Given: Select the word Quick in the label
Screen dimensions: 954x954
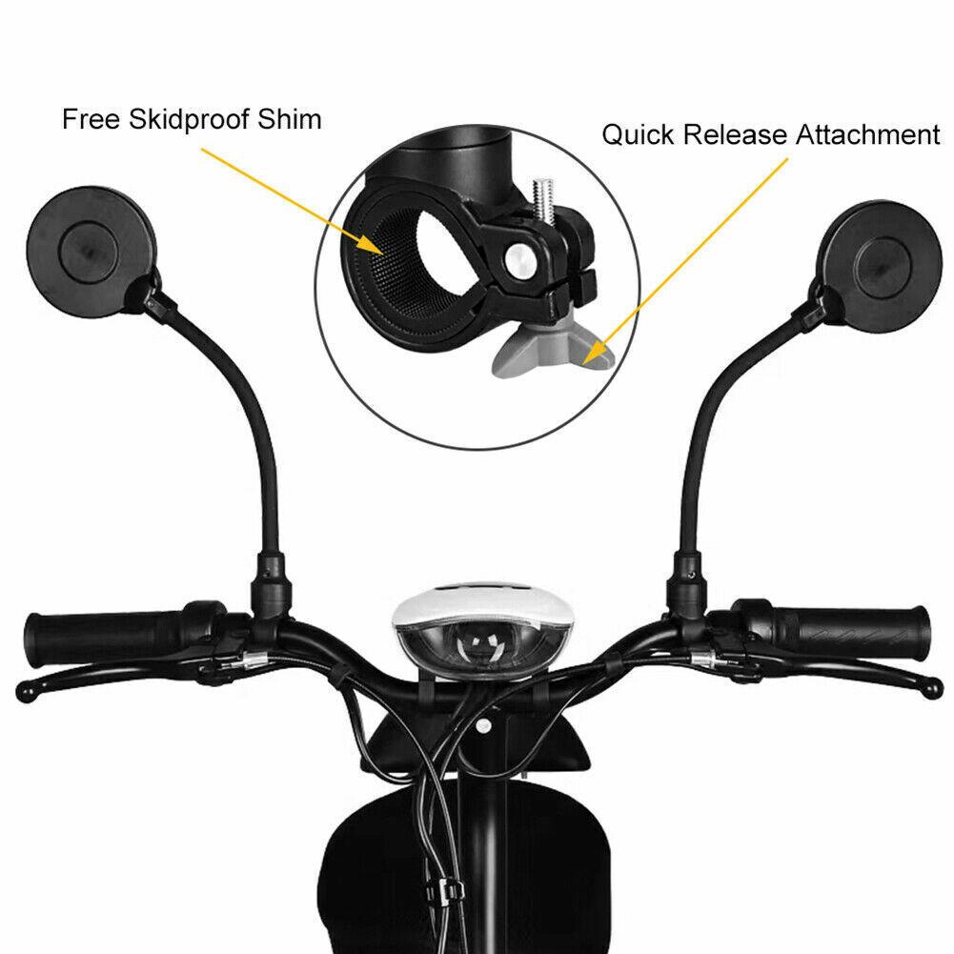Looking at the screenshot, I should click(x=637, y=134).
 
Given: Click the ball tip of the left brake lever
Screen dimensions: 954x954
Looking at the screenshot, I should click(x=27, y=688).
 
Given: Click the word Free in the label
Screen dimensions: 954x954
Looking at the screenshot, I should click(x=84, y=120).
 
